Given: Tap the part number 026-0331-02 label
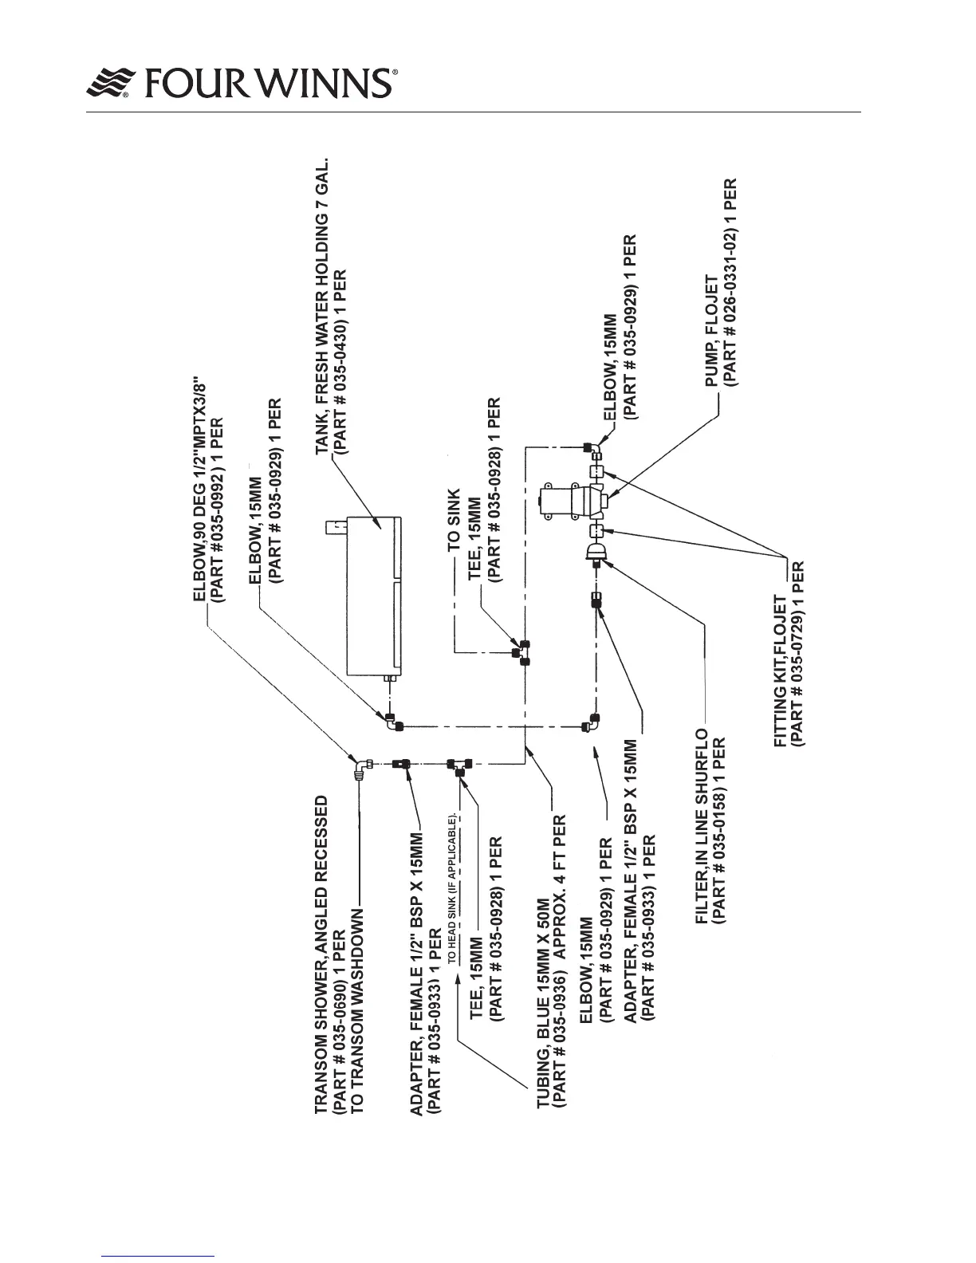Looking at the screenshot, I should point(735,282).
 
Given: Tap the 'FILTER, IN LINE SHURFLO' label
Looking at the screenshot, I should point(702,826).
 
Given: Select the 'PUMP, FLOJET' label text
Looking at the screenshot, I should point(712,343).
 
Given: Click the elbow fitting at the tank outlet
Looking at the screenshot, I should point(392,722).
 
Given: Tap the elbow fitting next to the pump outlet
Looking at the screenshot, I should point(591,447).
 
